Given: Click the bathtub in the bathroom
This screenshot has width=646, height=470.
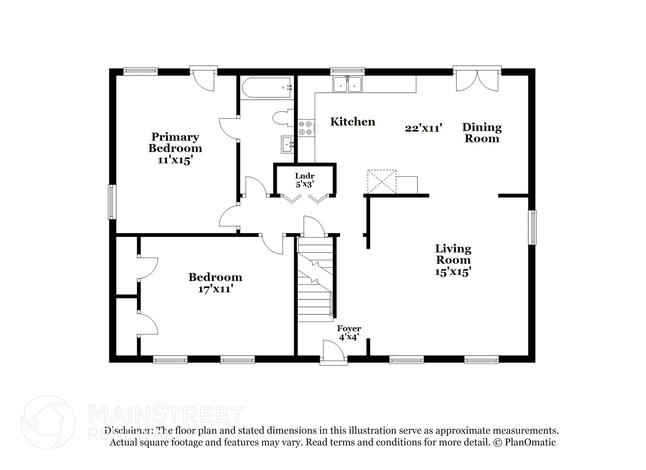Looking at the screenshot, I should point(267,87).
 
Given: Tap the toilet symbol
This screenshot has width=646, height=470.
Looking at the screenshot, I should point(281,118).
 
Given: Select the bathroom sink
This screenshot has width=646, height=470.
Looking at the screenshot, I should point(287,144).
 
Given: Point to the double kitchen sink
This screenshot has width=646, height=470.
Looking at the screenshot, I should point(348,85).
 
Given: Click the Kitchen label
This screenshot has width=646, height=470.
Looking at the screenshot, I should point(352,122).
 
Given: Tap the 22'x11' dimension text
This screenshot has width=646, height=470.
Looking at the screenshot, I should point(423,128).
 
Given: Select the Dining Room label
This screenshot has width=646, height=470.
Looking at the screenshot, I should point(482,133).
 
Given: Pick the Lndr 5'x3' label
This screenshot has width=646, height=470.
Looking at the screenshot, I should point(304,180).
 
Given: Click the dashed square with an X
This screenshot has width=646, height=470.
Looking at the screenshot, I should point(382,181).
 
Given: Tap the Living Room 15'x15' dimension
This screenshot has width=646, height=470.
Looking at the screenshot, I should point(453,272).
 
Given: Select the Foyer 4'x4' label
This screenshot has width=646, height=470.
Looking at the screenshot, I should point(349,333).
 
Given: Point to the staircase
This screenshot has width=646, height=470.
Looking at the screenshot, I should point(315,279).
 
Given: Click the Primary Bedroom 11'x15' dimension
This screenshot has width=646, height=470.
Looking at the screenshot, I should point(175,160).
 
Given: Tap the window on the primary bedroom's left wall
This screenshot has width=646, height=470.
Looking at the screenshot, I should point(112,202).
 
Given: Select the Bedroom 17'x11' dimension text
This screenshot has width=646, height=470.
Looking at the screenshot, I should point(215,289).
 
